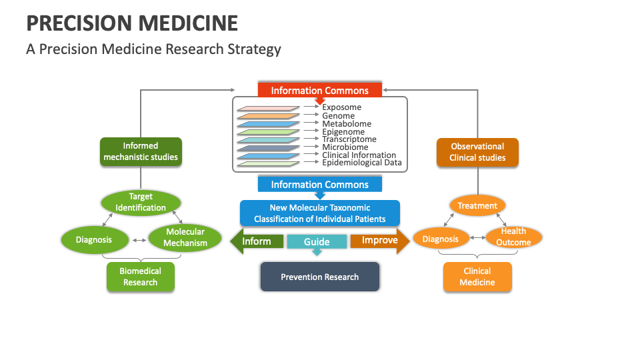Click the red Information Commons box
point(319,91)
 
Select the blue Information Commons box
point(319,185)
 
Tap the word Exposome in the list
point(341,107)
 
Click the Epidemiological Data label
point(361,163)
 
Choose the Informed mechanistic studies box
point(141,151)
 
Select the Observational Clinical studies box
point(477,152)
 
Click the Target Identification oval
point(141,202)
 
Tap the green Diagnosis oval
point(93,239)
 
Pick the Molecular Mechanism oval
point(185,238)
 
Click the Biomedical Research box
point(140,277)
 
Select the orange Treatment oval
point(477,206)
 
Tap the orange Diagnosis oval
point(440,239)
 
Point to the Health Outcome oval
point(513,237)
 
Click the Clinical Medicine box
point(477,277)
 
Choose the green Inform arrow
point(257,241)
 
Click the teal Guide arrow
point(317,242)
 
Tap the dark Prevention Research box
point(319,277)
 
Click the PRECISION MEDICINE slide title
point(132,23)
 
